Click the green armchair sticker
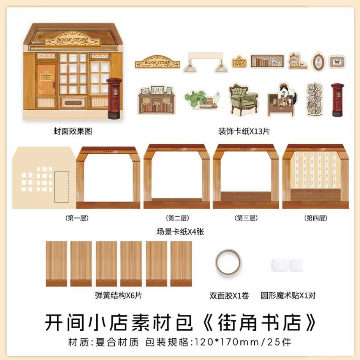point(244,100)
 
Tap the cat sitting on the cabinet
point(287,92)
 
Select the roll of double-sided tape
point(228,263)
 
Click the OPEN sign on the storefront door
point(46,76)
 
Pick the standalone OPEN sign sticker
point(239,62)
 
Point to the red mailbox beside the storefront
point(114,98)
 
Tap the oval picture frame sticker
point(318,62)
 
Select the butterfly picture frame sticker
point(337,62)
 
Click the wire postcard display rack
point(314,99)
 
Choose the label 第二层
point(178,218)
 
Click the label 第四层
point(316,218)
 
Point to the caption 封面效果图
point(72,131)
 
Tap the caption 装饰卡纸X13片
point(244,131)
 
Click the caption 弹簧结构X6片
point(118,295)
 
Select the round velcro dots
point(287,265)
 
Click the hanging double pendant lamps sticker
point(205,63)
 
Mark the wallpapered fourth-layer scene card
point(316,176)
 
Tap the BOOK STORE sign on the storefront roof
point(72,40)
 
